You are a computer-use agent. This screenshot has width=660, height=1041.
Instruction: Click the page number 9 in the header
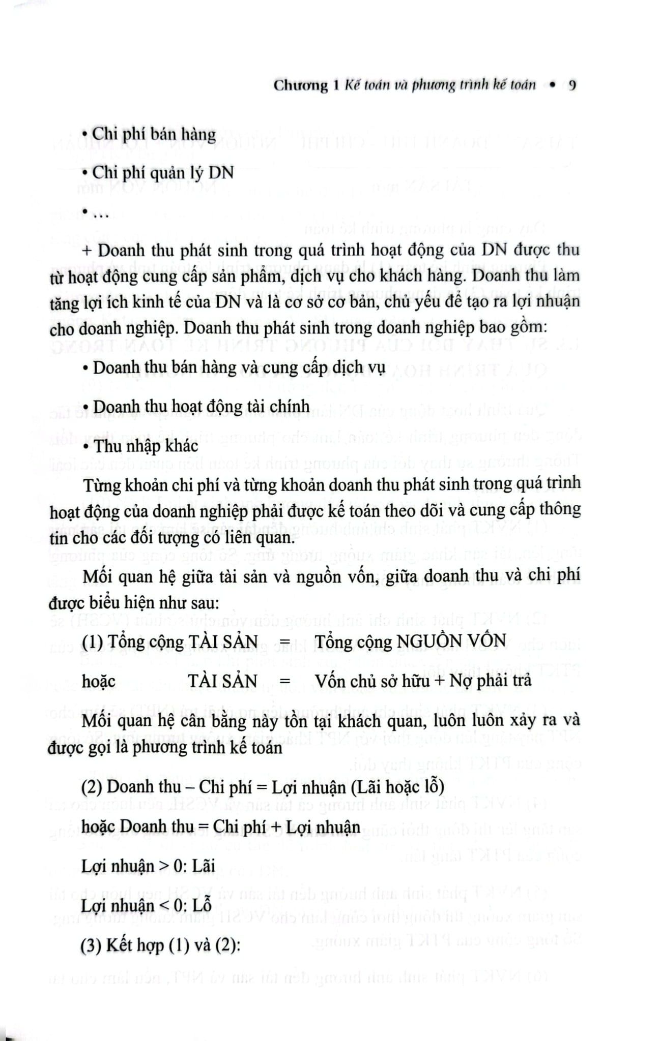tap(572, 85)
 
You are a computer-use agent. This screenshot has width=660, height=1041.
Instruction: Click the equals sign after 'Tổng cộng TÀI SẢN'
tap(285, 642)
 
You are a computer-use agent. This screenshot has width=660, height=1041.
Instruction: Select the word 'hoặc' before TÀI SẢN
tap(99, 681)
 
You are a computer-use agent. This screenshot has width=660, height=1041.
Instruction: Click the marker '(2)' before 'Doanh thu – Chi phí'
tap(92, 787)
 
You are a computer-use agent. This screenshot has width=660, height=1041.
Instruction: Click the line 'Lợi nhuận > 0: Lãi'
tap(149, 866)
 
